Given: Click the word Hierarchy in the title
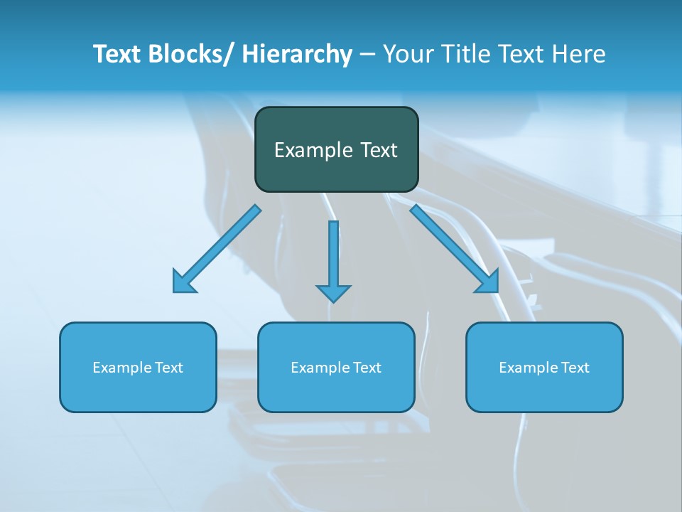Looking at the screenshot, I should pos(297,54).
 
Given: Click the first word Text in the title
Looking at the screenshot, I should pos(117,54).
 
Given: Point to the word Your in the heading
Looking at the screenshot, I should pos(406,54).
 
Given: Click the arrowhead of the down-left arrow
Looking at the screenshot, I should pos(183,282).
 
